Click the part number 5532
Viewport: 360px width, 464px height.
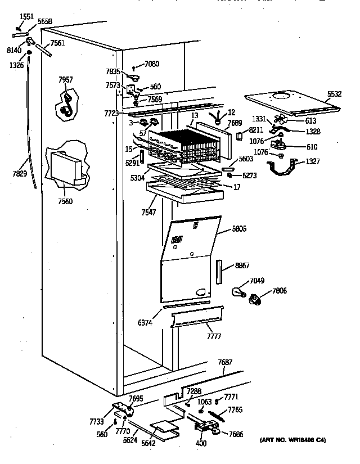tap(334, 94)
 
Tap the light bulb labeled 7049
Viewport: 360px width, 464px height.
tap(238, 291)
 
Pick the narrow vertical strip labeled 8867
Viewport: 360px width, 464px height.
tap(219, 273)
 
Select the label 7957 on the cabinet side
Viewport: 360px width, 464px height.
tap(65, 80)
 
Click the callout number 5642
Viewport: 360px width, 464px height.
tap(148, 443)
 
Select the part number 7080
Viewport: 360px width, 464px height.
tap(152, 65)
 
